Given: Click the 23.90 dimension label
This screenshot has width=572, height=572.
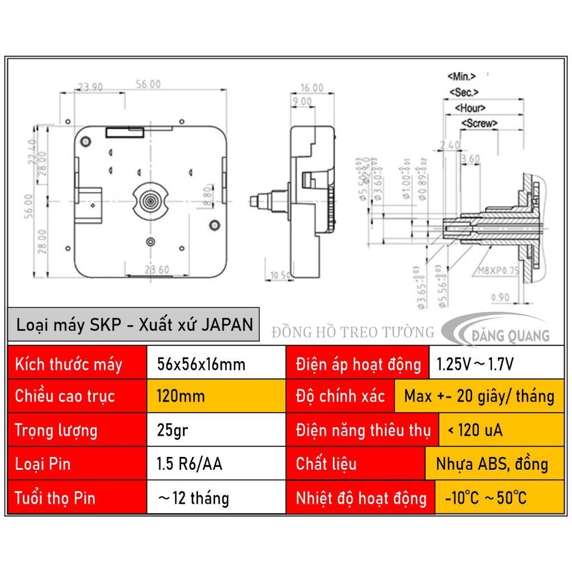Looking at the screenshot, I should [x=89, y=87].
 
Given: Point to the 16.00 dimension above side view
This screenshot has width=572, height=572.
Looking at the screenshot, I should [x=312, y=88].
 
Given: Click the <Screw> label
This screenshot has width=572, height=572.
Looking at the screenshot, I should [x=479, y=123].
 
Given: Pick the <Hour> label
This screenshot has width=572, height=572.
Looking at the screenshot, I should [x=470, y=108].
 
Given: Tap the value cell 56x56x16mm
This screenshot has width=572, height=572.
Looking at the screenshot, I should [x=202, y=364].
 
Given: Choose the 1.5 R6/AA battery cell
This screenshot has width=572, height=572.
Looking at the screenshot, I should [x=190, y=464].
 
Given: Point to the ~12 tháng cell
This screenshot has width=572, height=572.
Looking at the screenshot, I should [x=193, y=497].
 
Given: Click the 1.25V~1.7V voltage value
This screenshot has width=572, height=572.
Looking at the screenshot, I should [x=474, y=364].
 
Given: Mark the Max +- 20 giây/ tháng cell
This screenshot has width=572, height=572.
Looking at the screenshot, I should [x=479, y=397].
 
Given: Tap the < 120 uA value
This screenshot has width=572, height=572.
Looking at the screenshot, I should [x=475, y=430].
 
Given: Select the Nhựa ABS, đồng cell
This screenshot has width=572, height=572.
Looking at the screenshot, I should [x=492, y=464].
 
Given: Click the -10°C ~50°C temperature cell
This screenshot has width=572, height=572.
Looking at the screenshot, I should [x=485, y=497].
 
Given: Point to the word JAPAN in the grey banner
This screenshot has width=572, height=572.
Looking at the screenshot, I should [x=227, y=325].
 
